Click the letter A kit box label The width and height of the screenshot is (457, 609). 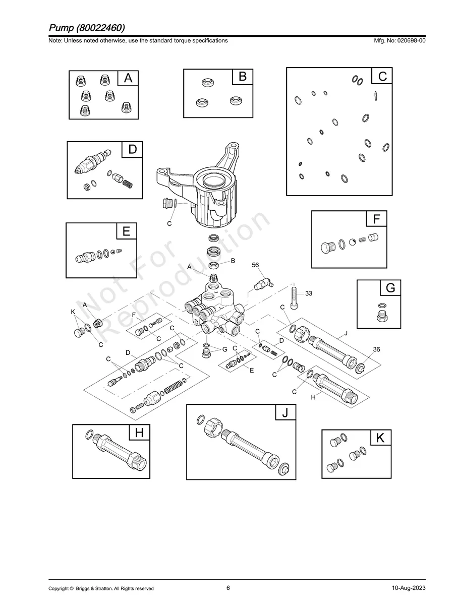(x=128, y=79)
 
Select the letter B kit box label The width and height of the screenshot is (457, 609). (x=242, y=77)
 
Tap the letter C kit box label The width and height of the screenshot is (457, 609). (x=382, y=76)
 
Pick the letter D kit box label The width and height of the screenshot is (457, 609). (x=132, y=150)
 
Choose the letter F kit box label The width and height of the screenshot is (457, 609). (x=376, y=219)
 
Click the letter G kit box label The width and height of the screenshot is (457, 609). (x=390, y=288)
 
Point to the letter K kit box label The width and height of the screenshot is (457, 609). (x=380, y=438)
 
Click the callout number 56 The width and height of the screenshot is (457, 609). (x=255, y=265)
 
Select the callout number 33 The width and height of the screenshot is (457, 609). (x=309, y=293)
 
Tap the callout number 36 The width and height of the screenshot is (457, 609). (x=376, y=349)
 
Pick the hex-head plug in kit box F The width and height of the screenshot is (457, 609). (x=327, y=248)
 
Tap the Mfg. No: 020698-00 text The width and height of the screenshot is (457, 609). (x=397, y=40)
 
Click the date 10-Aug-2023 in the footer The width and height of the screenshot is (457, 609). (x=408, y=588)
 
